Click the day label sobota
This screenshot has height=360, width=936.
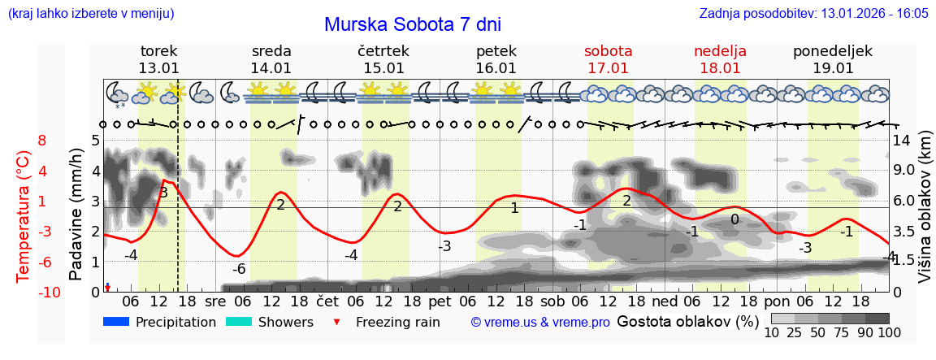point(608,51)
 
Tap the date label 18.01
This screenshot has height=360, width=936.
point(720,68)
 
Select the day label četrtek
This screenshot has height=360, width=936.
point(383,51)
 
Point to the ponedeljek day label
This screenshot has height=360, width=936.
point(833,51)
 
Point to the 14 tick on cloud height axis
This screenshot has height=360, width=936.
point(902,141)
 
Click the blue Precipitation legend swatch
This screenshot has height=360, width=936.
point(117,322)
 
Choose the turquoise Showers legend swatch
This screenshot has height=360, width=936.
point(239,322)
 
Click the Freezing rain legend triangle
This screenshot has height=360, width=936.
point(336,323)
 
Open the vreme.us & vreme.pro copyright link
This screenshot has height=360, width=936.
point(540,322)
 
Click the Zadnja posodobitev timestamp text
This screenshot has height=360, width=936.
point(813,14)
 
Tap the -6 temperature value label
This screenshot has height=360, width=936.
point(239,269)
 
